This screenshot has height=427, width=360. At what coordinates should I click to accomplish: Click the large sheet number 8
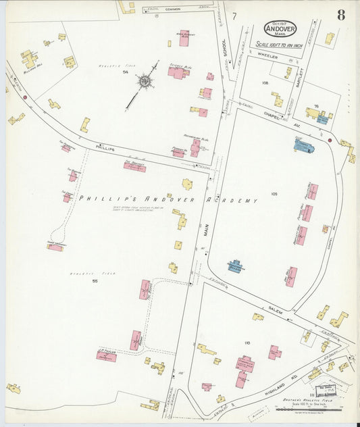(x=342, y=15)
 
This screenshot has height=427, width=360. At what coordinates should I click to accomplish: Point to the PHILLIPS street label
(x=107, y=147)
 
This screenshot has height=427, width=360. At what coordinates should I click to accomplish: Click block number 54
(x=125, y=72)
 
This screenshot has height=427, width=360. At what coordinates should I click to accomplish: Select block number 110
(x=247, y=343)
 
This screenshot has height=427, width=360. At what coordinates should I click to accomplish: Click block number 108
(x=265, y=82)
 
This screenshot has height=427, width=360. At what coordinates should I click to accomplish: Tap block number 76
(x=315, y=106)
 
